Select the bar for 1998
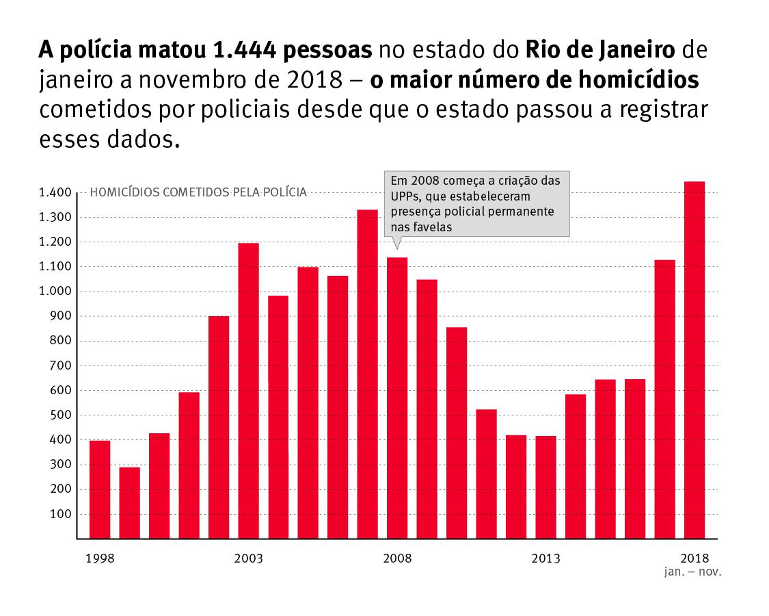pos(100,489)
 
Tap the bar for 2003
pos(248,390)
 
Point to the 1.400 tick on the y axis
pos(55,193)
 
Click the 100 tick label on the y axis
pos(62,514)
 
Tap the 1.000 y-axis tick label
pos(55,292)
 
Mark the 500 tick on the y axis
pos(62,415)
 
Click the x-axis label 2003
pos(248,559)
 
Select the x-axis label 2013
pos(545,559)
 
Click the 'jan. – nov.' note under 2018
pos(692,570)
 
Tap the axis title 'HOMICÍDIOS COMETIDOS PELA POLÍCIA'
pos(198,192)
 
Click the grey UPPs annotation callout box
pos(476,204)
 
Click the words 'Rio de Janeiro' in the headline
pos(600,50)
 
